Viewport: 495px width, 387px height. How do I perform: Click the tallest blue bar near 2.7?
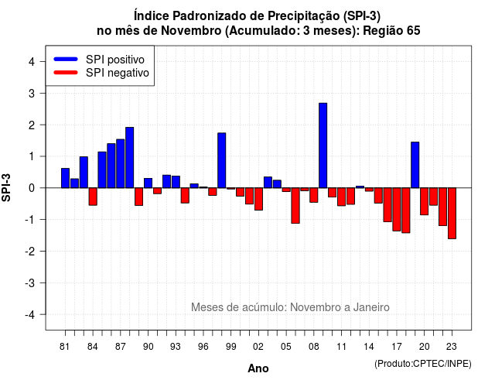click(323, 146)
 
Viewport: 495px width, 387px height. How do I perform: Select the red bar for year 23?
click(452, 214)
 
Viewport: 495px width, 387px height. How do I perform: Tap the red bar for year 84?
click(93, 197)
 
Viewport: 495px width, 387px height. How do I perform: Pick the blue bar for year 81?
click(65, 178)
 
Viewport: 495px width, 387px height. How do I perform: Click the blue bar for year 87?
click(121, 163)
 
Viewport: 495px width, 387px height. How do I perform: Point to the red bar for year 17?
click(397, 210)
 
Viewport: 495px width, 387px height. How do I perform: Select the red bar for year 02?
click(258, 199)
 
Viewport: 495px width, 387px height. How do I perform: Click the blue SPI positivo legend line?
click(66, 59)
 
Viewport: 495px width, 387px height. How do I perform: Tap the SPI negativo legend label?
click(118, 73)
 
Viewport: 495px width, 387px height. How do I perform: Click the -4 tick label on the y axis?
click(31, 315)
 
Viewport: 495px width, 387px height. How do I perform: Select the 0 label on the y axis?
click(32, 188)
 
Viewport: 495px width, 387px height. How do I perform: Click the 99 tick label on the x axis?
click(230, 347)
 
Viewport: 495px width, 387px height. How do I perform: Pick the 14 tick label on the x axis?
click(368, 347)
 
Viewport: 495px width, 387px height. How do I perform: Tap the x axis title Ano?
click(258, 368)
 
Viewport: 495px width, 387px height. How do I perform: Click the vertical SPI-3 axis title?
click(6, 187)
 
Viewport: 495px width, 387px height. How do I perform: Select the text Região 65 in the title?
click(392, 31)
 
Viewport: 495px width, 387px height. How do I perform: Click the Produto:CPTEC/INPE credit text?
click(423, 364)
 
